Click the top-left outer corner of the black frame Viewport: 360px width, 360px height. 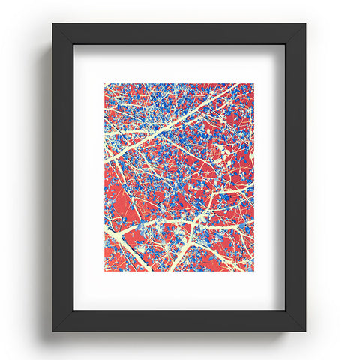pos(53,24)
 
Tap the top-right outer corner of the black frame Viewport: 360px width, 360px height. pos(306,24)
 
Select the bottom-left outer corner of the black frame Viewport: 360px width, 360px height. pos(53,331)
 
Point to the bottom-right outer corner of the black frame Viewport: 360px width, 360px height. pos(306,331)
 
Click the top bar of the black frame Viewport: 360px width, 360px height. pos(180,34)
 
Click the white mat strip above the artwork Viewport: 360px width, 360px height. pos(180,64)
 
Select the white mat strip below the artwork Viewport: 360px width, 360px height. pos(180,290)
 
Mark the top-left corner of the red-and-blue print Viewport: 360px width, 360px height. pos(105,84)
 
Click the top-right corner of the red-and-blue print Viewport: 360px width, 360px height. pos(254,84)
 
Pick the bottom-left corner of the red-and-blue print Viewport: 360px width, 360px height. pos(105,271)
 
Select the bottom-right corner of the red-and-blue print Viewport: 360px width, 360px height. pos(254,271)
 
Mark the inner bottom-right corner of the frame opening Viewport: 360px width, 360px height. pos(285,310)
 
